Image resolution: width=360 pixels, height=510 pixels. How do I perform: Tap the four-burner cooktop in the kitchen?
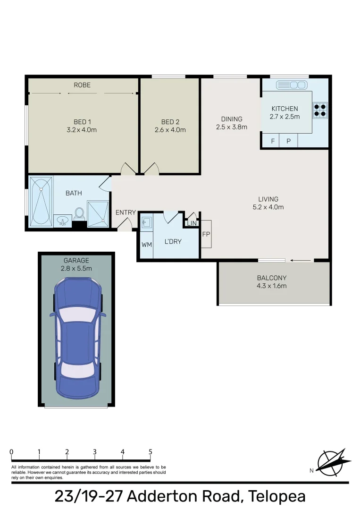[x=320, y=110]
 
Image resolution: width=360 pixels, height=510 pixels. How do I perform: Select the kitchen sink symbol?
[x=291, y=85]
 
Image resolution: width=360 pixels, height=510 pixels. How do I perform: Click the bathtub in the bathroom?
[x=41, y=202]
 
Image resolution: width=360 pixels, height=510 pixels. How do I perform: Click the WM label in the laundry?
[x=146, y=245]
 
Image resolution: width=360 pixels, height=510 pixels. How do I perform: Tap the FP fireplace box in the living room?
[x=206, y=234]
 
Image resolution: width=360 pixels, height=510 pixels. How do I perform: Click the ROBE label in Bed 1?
[x=82, y=85]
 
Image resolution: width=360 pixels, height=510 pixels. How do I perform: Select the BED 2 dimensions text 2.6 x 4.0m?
[x=170, y=130]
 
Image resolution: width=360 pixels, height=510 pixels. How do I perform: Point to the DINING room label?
[x=231, y=119]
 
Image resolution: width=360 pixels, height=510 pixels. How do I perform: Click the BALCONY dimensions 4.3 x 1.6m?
[x=271, y=286]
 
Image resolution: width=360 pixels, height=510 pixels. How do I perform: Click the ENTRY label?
[x=126, y=212]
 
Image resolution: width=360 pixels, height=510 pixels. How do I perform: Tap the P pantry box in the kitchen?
[x=288, y=141]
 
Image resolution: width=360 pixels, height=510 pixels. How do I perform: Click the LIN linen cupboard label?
[x=192, y=223]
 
